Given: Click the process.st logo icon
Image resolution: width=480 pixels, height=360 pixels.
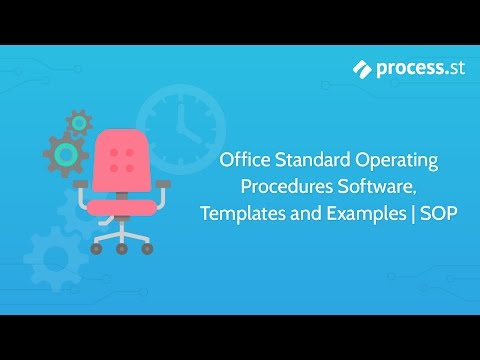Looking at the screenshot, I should [x=363, y=68].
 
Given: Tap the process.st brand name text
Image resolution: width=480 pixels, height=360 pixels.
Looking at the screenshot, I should [x=409, y=68].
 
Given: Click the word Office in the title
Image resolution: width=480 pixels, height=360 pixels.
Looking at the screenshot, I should [x=244, y=160].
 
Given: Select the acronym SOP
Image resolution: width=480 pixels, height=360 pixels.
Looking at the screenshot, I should [x=427, y=214].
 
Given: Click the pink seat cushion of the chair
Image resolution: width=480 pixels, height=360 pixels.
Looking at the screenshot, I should [x=124, y=207].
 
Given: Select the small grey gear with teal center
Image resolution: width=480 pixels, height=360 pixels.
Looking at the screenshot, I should [x=79, y=124].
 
